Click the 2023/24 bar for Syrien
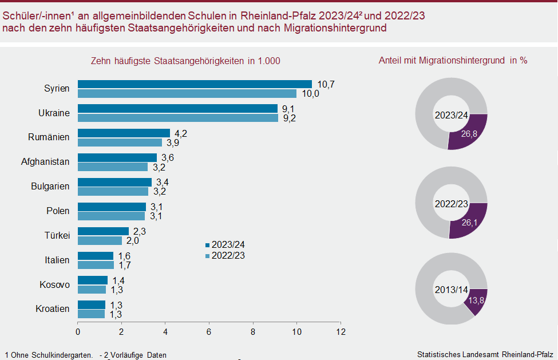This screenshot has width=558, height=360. [x=195, y=84]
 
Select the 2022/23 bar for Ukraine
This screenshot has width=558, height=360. [x=178, y=118]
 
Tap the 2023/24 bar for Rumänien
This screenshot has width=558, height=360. [x=124, y=133]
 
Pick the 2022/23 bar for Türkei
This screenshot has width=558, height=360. [x=100, y=240]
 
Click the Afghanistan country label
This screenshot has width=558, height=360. [x=45, y=162]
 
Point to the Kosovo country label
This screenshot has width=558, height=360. [x=54, y=285]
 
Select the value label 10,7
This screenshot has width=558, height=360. [x=326, y=84]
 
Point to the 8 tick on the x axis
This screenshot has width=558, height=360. [x=253, y=331]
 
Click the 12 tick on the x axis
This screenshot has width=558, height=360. [x=341, y=331]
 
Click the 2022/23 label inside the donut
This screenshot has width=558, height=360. [x=451, y=204]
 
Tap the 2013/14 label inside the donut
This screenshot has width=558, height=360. [x=451, y=289]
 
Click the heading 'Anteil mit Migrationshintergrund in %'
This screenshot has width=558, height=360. [x=453, y=60]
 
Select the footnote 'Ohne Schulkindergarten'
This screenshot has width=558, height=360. [x=51, y=355]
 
